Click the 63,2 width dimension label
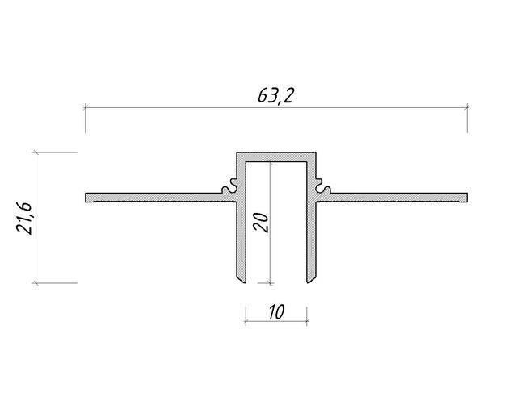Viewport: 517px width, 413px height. (x=275, y=96)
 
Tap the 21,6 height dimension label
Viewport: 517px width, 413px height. (x=24, y=218)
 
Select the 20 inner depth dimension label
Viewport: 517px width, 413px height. (x=261, y=223)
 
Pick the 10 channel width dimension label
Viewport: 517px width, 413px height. (x=276, y=312)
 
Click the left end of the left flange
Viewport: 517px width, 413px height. (x=86, y=198)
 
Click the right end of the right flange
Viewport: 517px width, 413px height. (x=467, y=198)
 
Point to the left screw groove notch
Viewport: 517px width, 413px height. (x=229, y=186)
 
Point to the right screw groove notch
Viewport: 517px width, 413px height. (x=322, y=186)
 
